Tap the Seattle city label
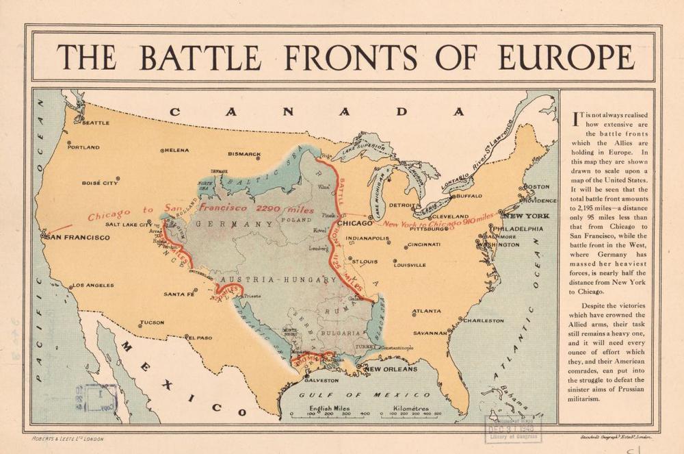click(x=95, y=123)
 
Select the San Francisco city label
click(x=77, y=238)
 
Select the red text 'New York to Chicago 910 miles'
click(x=438, y=220)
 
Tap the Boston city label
click(x=536, y=187)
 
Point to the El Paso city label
click(x=201, y=337)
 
